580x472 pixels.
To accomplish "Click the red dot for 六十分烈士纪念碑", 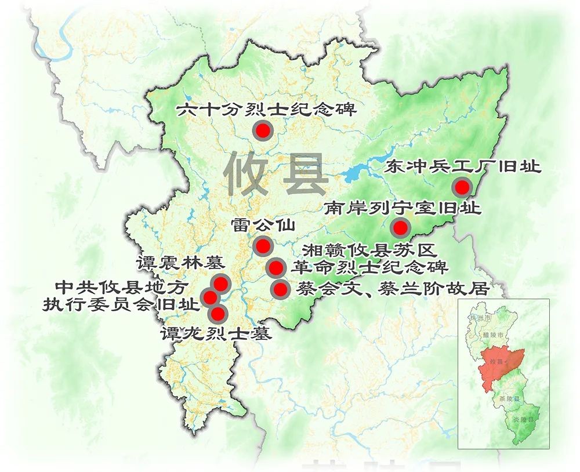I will (x=263, y=130).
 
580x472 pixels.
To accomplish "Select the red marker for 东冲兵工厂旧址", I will (x=462, y=187).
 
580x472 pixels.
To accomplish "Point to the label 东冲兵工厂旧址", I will (x=462, y=168).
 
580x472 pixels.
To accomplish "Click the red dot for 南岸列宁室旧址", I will (x=400, y=227).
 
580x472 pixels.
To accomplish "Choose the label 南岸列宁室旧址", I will (x=403, y=208).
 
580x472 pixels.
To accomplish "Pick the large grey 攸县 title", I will (x=276, y=173).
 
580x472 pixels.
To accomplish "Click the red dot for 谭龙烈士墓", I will (x=217, y=314).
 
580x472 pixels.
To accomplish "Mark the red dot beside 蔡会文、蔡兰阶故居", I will (x=280, y=289).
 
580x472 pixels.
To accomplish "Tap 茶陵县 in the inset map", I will (x=512, y=400).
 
